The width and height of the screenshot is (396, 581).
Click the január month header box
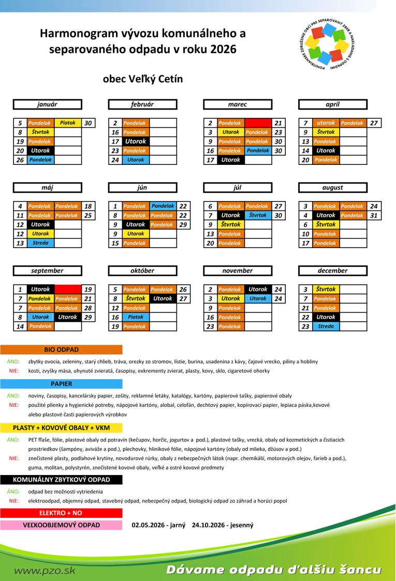(47, 104)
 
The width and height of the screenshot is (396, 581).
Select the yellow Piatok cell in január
(68, 123)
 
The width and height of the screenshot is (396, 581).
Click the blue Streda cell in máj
(40, 243)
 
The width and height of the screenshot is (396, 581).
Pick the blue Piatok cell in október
(136, 317)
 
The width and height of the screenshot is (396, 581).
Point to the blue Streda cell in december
(326, 326)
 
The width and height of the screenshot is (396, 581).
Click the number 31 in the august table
(373, 215)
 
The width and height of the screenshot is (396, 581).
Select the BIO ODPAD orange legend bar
(61, 350)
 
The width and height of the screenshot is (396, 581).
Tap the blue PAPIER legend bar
(61, 384)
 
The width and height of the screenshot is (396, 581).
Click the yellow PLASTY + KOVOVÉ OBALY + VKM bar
(61, 427)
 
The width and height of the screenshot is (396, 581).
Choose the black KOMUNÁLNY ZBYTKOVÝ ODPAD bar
(61, 480)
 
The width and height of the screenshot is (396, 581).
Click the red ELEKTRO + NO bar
(61, 513)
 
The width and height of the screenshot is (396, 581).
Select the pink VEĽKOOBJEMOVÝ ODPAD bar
(61, 525)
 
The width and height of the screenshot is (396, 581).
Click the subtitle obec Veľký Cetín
(143, 79)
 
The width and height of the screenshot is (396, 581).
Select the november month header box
(237, 270)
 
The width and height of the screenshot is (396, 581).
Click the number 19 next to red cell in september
(88, 289)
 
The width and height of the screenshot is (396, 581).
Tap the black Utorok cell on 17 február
(136, 141)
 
